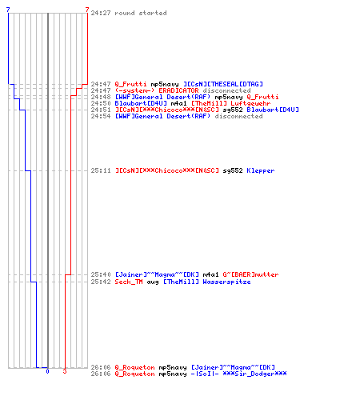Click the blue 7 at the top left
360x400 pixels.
tap(8, 10)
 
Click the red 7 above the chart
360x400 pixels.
tap(87, 10)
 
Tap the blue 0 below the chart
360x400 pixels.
tap(47, 371)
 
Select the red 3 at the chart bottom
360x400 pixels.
tap(65, 371)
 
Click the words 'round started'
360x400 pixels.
tap(141, 13)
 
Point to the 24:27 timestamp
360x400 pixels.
tap(101, 13)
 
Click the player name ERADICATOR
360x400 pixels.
tap(178, 90)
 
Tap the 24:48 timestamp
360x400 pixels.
tap(101, 97)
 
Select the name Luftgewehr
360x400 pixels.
tap(250, 103)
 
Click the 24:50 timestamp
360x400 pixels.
tap(101, 103)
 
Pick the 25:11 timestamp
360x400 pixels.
tap(101, 170)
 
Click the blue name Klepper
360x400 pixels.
tap(261, 170)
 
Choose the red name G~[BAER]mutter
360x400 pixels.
tap(250, 274)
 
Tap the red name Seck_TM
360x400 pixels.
tap(129, 282)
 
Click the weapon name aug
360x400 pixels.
tap(153, 282)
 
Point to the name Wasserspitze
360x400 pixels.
tap(226, 282)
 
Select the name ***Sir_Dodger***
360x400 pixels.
tap(254, 374)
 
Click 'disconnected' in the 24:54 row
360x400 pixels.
tap(238, 116)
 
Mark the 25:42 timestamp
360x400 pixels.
tap(101, 282)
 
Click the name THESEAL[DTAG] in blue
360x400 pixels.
tap(237, 84)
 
